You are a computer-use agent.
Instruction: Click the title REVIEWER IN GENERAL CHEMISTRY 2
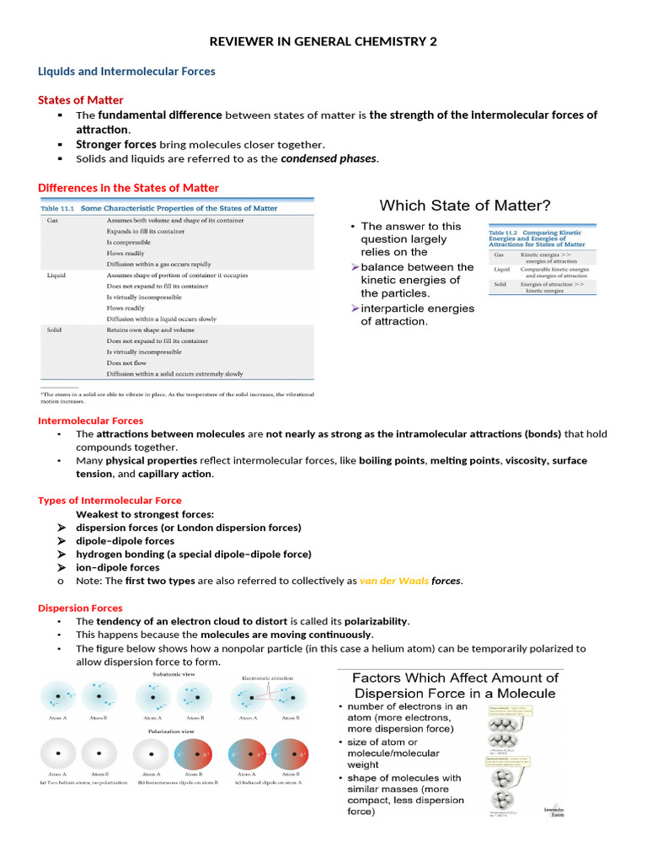(323, 42)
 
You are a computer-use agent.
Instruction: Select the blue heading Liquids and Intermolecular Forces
(126, 72)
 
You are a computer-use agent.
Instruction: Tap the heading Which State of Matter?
(465, 205)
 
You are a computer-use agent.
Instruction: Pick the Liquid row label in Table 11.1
(56, 275)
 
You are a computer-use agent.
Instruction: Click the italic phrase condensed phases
(329, 158)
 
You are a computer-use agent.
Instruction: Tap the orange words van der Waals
(394, 581)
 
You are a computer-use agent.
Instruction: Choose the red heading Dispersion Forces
(80, 608)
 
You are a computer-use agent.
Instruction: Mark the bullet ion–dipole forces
(117, 567)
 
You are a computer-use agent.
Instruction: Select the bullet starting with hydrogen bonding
(193, 554)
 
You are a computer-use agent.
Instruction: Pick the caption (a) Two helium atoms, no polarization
(82, 807)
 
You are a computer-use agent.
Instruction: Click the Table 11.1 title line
(160, 208)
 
